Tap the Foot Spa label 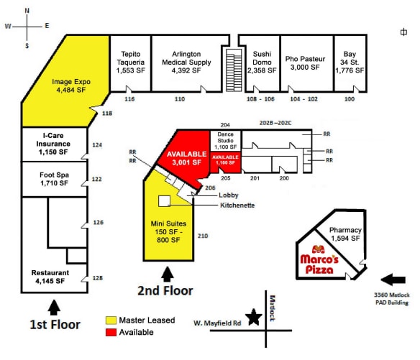click(x=54, y=178)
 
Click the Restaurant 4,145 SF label click(x=50, y=277)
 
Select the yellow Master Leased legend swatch click(x=111, y=320)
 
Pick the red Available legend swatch click(x=111, y=332)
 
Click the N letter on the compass click(x=27, y=11)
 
